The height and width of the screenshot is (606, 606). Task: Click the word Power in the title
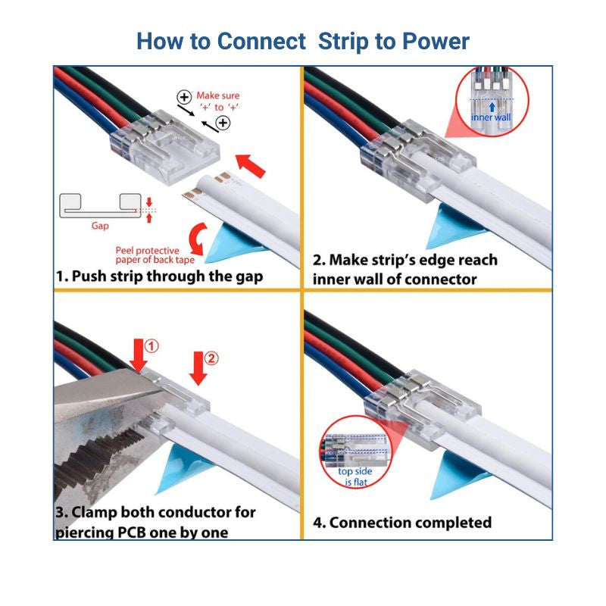pos(435,41)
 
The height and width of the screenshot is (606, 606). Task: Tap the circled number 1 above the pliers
pos(151,346)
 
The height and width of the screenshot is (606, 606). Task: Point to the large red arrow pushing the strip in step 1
pos(250,163)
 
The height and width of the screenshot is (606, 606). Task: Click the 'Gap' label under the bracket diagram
pos(101,226)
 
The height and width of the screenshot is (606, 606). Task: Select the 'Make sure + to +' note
pos(216,102)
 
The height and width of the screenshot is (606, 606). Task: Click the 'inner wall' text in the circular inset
pos(492,117)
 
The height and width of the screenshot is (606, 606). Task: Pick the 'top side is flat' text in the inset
pos(355,476)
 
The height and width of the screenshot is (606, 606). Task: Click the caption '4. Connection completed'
pos(402,522)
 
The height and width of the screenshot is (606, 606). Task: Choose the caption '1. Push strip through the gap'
pos(160,276)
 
